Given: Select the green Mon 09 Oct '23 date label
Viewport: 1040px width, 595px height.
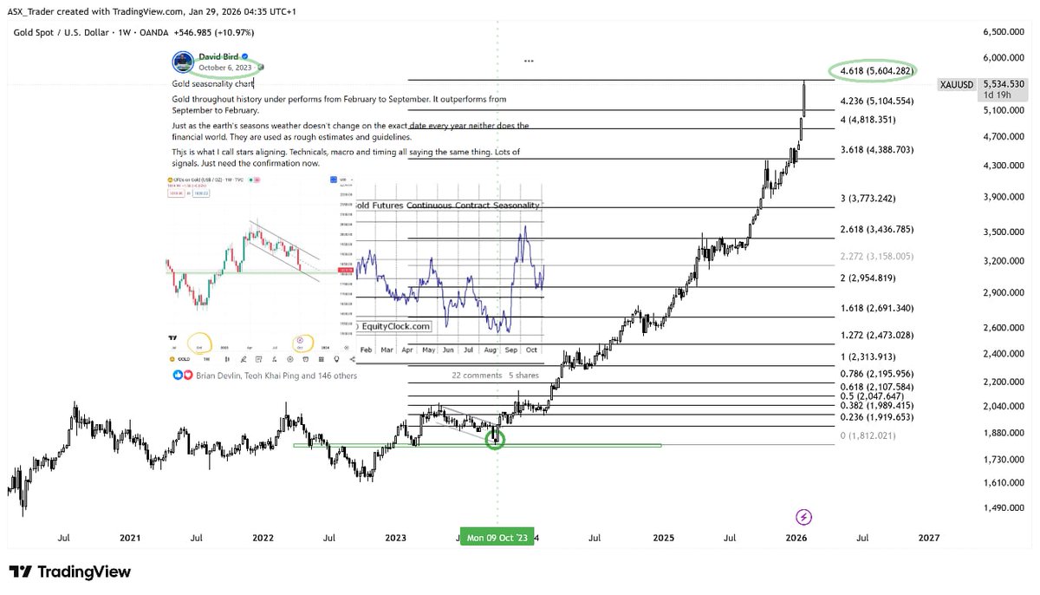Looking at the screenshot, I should (497, 538).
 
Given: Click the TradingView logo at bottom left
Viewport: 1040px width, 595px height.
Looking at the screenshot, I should (71, 572).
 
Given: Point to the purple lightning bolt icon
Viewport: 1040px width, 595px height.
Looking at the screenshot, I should (804, 517).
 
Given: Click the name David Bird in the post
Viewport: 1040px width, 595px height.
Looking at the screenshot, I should (218, 56).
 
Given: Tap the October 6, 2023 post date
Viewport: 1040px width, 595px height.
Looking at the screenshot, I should (225, 68).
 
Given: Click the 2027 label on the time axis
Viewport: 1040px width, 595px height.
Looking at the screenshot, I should (928, 538).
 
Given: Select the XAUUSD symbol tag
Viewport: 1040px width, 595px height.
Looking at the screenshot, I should (958, 84).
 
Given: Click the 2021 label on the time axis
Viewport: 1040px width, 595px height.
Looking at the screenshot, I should (130, 538).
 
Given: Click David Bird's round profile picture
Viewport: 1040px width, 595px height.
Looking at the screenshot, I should (183, 62).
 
